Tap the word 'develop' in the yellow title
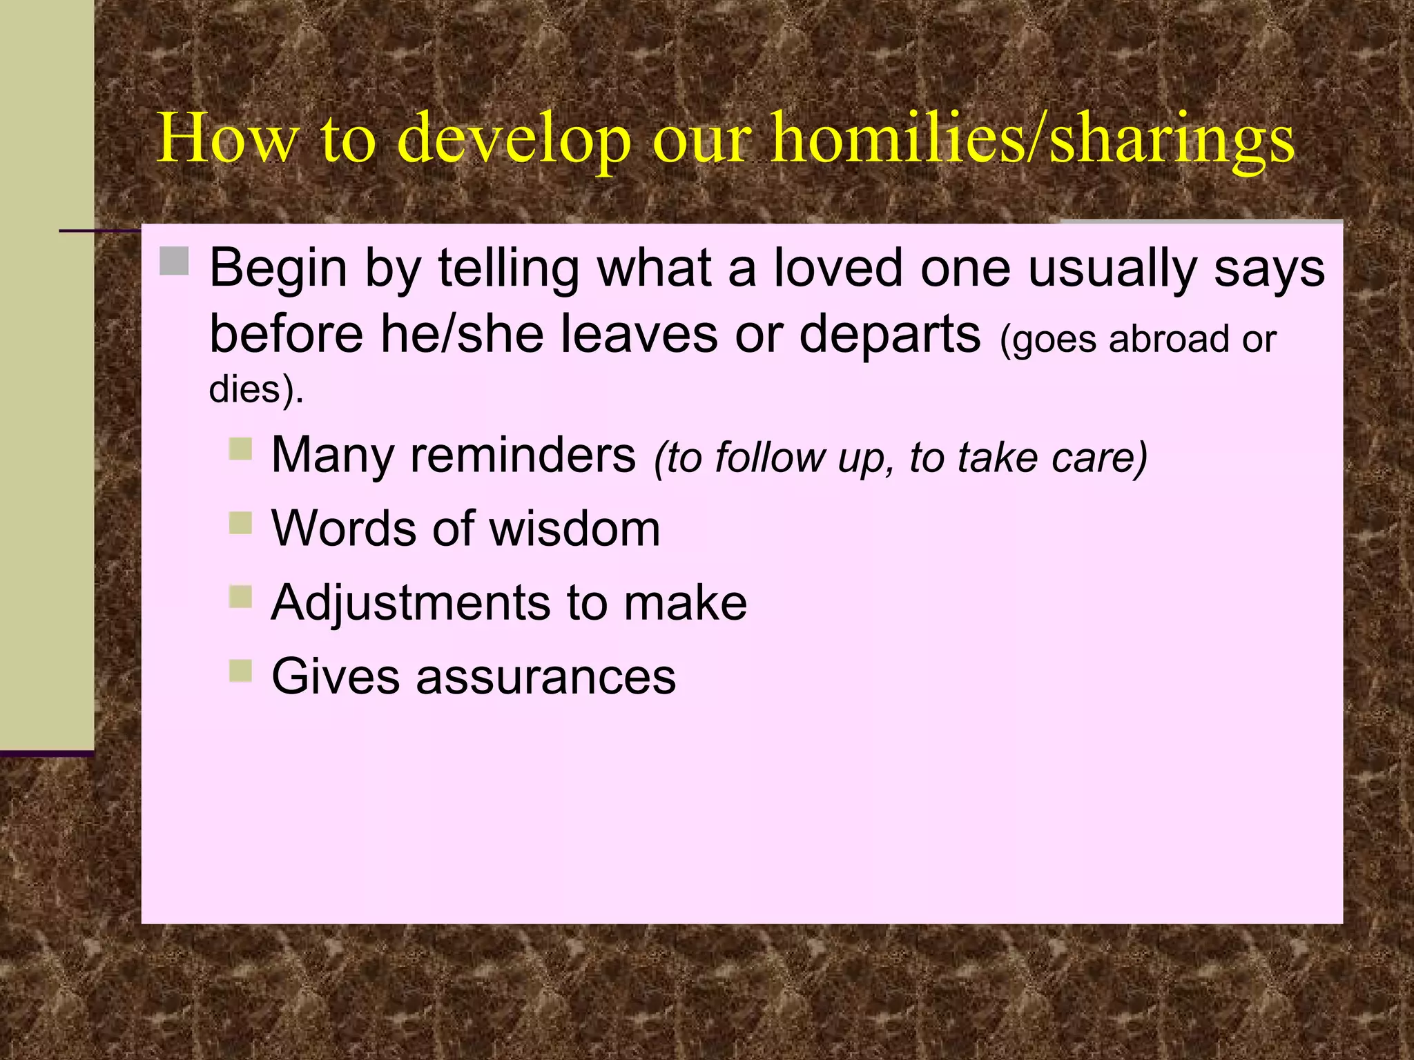point(514,139)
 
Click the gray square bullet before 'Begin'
point(174,262)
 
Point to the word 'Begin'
point(278,268)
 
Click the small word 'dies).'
point(256,389)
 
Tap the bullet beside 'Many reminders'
point(240,449)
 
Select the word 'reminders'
point(523,456)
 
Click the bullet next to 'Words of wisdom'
point(240,522)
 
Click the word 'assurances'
point(545,677)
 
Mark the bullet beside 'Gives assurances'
point(240,670)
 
